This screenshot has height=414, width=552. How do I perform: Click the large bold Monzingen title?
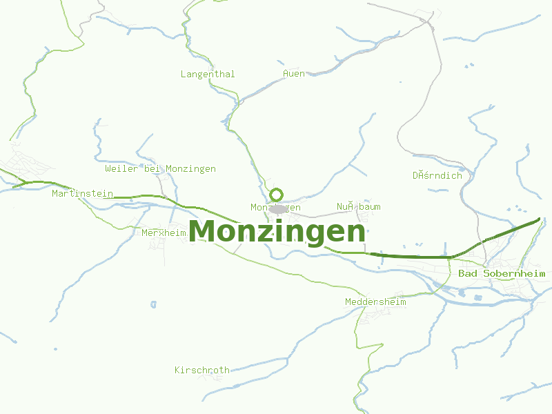click(277, 231)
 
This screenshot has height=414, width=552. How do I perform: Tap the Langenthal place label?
click(208, 74)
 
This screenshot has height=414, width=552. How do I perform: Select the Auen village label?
click(294, 74)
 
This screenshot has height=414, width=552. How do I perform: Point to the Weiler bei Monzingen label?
click(160, 169)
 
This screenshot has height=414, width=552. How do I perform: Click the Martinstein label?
click(82, 194)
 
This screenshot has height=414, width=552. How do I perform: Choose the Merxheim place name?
click(164, 233)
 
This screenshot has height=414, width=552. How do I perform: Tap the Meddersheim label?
click(375, 302)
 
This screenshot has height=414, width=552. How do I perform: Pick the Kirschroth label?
click(201, 371)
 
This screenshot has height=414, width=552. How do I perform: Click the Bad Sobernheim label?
click(502, 274)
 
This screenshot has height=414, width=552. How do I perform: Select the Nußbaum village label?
click(358, 207)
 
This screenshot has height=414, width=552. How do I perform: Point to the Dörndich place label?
click(437, 175)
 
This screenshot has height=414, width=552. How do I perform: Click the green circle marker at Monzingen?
click(277, 195)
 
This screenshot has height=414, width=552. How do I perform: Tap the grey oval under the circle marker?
click(278, 208)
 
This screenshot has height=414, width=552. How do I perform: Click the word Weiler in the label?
click(121, 169)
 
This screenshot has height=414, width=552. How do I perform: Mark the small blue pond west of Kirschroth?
click(153, 304)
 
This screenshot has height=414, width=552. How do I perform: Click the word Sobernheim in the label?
click(514, 274)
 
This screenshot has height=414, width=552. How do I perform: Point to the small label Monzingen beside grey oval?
click(275, 208)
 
